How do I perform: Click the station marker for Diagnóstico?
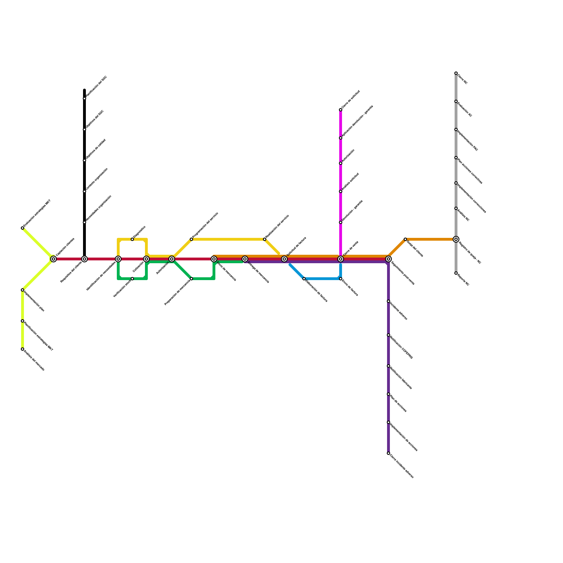pyautogui.click(x=132, y=239)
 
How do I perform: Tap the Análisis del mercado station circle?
pyautogui.click(x=23, y=349)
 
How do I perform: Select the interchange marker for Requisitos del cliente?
pyautogui.click(x=84, y=259)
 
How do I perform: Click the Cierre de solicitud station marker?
pyautogui.click(x=341, y=110)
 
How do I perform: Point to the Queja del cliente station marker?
pyautogui.click(x=405, y=239)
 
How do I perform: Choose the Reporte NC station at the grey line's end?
pyautogui.click(x=456, y=273)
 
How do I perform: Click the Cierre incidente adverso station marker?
pyautogui.click(x=388, y=453)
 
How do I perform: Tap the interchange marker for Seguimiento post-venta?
pyautogui.click(x=388, y=259)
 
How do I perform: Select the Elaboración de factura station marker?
pyautogui.click(x=304, y=279)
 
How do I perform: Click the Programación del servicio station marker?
pyautogui.click(x=191, y=239)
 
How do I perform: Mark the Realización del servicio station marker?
pyautogui.click(x=265, y=239)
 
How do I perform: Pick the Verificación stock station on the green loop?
pyautogui.click(x=132, y=279)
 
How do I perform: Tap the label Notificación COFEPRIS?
pyautogui.click(x=401, y=347)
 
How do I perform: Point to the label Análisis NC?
pyautogui.click(x=463, y=215)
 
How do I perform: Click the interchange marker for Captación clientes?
pyautogui.click(x=53, y=259)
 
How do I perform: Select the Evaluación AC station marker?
pyautogui.click(x=456, y=101)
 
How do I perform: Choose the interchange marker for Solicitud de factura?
pyautogui.click(x=284, y=259)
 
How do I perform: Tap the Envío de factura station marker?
pyautogui.click(x=341, y=279)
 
